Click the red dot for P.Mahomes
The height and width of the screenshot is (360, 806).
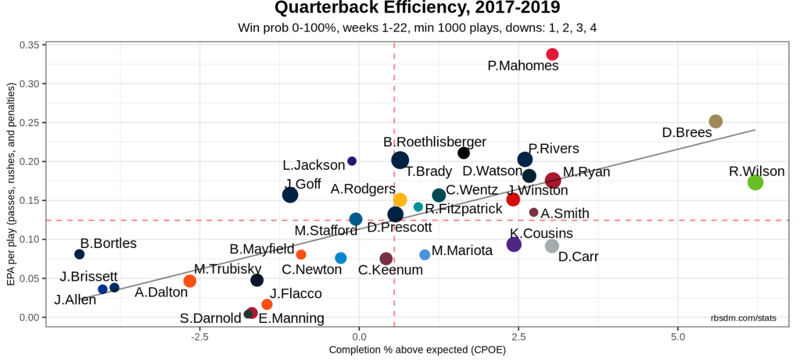coord(552,54)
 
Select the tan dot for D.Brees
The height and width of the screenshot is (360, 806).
coord(715,121)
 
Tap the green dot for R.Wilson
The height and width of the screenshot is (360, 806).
coord(755,182)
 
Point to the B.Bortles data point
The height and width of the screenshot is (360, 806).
coord(79,254)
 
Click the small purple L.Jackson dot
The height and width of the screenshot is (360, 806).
coord(352,161)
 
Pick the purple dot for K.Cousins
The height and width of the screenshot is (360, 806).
coord(514,244)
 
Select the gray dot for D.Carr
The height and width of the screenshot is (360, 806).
coord(552,246)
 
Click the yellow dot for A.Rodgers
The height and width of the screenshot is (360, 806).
coord(400,199)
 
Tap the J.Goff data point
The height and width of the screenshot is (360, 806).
coord(290,195)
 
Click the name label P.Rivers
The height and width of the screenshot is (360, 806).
coord(554,149)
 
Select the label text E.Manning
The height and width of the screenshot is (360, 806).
coord(291,318)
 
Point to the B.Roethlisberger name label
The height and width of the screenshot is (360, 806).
coord(434,142)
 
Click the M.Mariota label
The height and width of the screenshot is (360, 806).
coord(462,251)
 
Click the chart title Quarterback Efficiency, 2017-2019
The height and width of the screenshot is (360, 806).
coord(417,8)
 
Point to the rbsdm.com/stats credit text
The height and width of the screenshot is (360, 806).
coord(743,318)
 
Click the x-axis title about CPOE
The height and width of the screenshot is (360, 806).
coord(417,350)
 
